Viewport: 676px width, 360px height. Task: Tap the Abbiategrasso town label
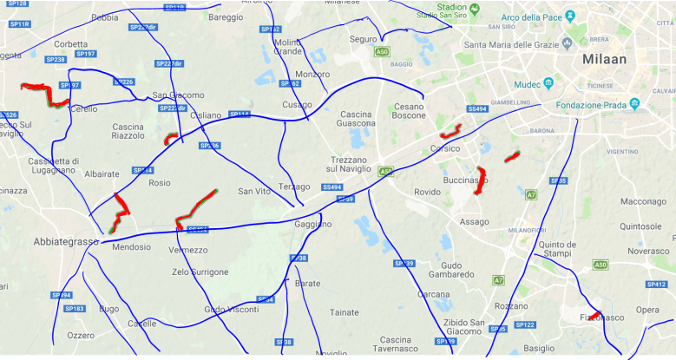point(66,241)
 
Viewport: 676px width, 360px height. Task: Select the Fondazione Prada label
point(592,105)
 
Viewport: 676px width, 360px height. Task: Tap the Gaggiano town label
point(313,224)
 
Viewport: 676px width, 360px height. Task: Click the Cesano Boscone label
point(410,111)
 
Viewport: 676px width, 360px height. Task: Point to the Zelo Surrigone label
point(200,272)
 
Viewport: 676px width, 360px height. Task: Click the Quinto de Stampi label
point(557,249)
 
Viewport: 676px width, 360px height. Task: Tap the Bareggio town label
point(226,16)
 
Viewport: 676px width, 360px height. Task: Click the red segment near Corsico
point(450,133)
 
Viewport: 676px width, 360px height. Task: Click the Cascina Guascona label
point(356,119)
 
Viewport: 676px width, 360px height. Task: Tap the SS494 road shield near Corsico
point(476,109)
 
